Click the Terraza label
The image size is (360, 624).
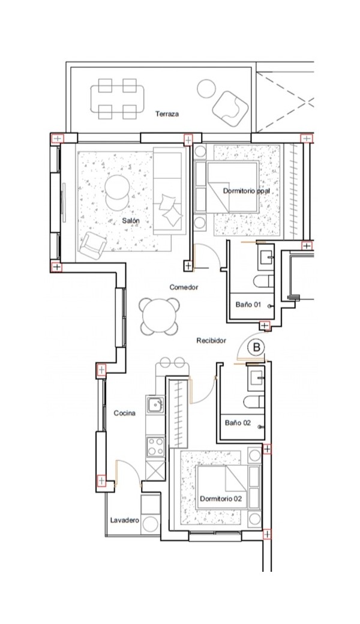point(167,114)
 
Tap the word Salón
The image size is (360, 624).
point(131,220)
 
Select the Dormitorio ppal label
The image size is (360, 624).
point(246,191)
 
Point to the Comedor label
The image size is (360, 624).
point(184,287)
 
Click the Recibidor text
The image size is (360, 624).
point(211,341)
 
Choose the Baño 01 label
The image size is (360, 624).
point(248,304)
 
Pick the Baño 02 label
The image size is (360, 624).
point(238,422)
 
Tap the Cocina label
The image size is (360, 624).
point(125,413)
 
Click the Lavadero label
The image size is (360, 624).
point(125,520)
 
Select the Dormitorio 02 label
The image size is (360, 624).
point(221,499)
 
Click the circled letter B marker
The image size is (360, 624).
point(256,347)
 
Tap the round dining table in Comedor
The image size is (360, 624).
point(159,316)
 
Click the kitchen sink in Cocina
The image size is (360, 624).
point(154,405)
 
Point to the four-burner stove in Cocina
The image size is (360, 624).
point(155,446)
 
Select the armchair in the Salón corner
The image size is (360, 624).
point(93,244)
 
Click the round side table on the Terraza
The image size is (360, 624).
point(206,89)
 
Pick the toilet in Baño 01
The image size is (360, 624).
point(264,281)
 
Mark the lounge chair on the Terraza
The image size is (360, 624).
point(231,108)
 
